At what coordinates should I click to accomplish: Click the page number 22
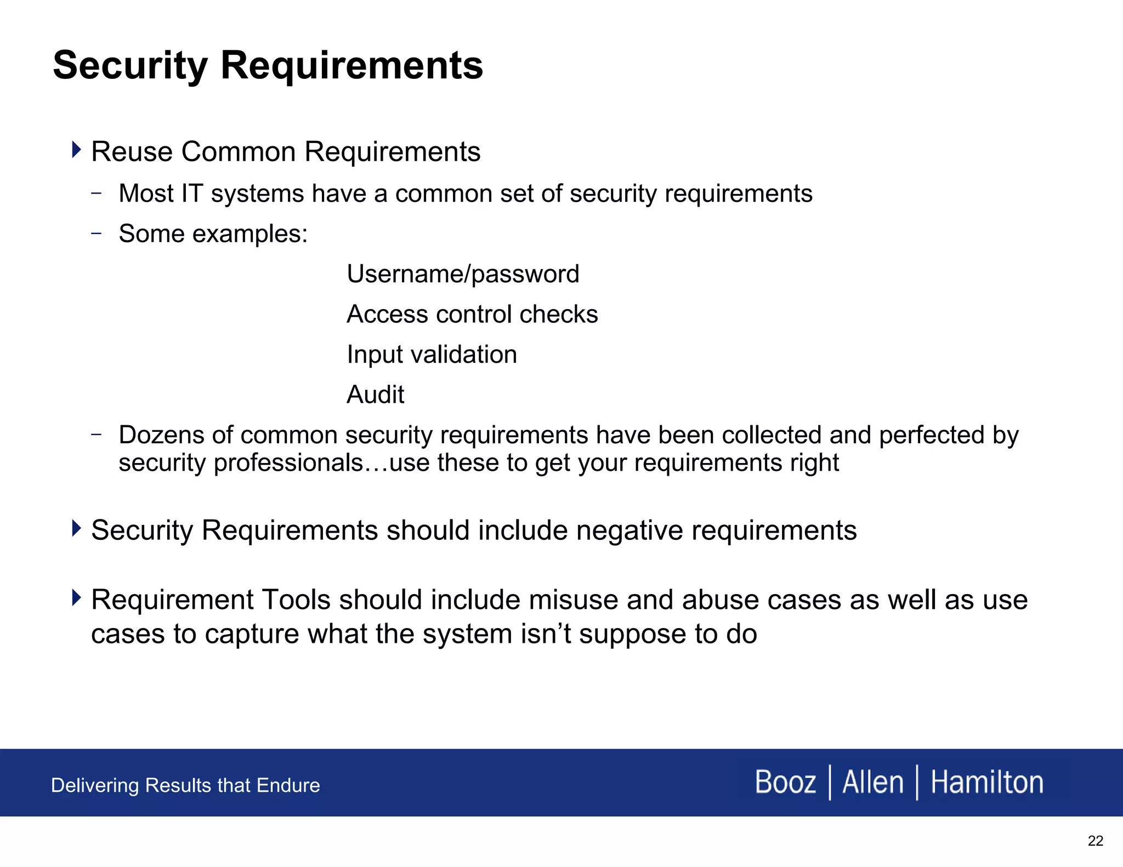click(x=1095, y=841)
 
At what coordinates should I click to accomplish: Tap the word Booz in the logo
click(x=785, y=782)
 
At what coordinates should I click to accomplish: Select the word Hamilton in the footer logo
click(x=986, y=782)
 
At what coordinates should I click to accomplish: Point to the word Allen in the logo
click(x=872, y=782)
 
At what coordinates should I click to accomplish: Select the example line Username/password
click(x=463, y=274)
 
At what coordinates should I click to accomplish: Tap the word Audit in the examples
click(x=376, y=395)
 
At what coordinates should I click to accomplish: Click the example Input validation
click(x=432, y=355)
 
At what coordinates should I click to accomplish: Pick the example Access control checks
click(x=472, y=315)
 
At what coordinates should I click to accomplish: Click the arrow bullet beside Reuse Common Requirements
click(x=76, y=149)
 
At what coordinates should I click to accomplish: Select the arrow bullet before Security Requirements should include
click(x=76, y=528)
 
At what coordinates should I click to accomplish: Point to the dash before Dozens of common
click(x=97, y=434)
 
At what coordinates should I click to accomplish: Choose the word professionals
click(x=288, y=463)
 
